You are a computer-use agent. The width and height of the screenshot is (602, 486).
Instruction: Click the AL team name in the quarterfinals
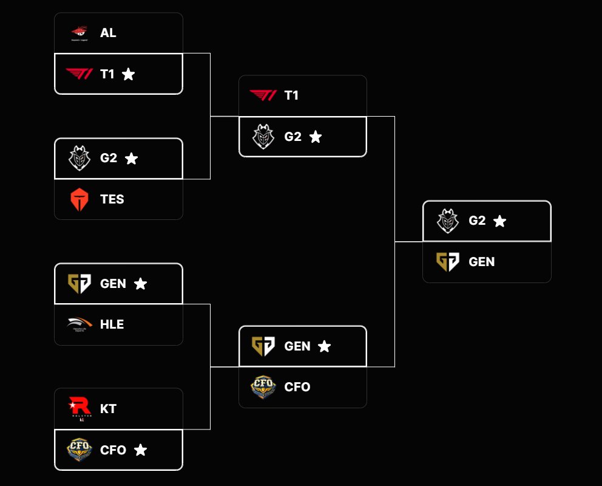tap(108, 33)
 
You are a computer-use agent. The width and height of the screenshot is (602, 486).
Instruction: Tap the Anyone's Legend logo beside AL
tap(79, 33)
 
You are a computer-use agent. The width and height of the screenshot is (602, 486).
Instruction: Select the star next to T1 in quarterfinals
tap(128, 74)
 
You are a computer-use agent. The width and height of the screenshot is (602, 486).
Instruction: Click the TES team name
tap(112, 199)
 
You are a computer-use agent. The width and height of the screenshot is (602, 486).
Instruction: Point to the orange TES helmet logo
tap(79, 199)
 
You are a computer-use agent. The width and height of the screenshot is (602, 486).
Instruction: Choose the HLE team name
tap(112, 324)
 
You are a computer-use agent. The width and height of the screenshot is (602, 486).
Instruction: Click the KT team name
tap(108, 409)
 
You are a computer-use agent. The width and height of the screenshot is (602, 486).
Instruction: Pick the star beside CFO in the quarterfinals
tap(140, 450)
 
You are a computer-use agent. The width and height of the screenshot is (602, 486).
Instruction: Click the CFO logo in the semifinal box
tap(263, 387)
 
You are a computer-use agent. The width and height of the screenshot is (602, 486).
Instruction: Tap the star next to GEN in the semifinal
tap(325, 346)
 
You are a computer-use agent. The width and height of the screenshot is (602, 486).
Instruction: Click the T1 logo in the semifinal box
tap(263, 95)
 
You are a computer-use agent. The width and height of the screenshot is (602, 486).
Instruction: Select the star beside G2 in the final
tap(499, 221)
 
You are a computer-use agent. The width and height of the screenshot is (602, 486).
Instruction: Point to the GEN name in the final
tap(481, 262)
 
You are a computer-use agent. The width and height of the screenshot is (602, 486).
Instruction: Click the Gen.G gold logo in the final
tap(448, 262)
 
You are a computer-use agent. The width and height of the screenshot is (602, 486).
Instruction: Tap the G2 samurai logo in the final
tap(448, 221)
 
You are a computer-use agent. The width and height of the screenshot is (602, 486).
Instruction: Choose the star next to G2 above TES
tap(131, 159)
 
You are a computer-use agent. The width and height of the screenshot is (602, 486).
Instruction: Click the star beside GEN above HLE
tap(140, 284)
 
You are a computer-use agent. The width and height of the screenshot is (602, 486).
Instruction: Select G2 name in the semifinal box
tap(293, 137)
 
